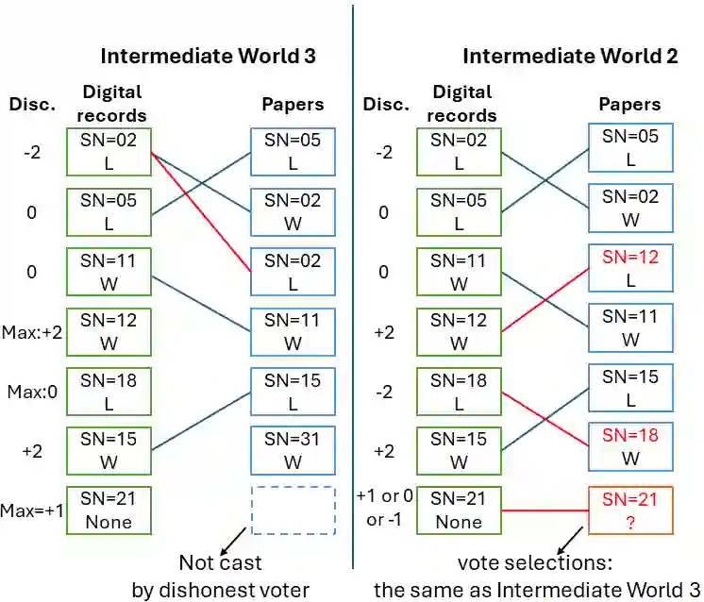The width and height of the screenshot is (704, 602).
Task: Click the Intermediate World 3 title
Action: pyautogui.click(x=208, y=56)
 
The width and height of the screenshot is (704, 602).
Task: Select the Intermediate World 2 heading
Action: pyautogui.click(x=570, y=56)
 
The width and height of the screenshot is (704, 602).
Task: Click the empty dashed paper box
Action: pyautogui.click(x=293, y=510)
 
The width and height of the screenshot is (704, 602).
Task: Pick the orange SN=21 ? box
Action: pyautogui.click(x=632, y=510)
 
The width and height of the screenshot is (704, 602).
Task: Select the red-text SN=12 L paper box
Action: pyautogui.click(x=632, y=269)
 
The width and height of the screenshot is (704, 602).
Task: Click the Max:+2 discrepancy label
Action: pyautogui.click(x=31, y=331)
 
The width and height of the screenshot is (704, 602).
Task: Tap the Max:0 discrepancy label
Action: pyautogui.click(x=31, y=391)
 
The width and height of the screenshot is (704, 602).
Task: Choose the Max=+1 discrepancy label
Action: pyautogui.click(x=31, y=510)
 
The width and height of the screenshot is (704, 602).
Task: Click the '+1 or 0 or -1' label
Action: pyautogui.click(x=385, y=510)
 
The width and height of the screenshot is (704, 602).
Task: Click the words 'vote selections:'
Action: pyautogui.click(x=535, y=563)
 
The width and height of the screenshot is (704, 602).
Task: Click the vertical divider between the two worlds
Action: pyautogui.click(x=352, y=283)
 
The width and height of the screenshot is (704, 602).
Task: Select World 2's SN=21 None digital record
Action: pyautogui.click(x=459, y=510)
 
